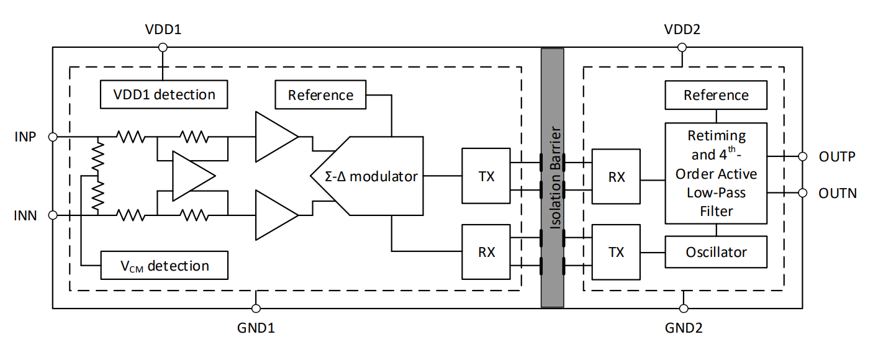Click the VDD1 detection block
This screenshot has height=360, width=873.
point(163,94)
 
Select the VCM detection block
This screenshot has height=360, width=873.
point(164,266)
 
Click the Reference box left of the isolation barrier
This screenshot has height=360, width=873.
point(320,95)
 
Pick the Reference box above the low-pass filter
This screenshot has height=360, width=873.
point(716,95)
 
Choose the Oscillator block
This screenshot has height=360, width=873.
point(716,253)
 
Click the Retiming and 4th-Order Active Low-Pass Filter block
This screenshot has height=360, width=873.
point(716,173)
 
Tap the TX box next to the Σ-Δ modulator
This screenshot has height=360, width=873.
point(486,176)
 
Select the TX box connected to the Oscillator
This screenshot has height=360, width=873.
point(616,253)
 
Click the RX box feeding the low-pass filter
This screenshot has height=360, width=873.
point(616,176)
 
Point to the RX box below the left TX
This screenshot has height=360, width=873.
point(486,253)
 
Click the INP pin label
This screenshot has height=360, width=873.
point(25,136)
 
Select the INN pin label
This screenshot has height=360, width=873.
point(25,216)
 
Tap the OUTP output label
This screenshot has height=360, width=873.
point(837,156)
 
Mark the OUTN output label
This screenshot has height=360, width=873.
point(837,194)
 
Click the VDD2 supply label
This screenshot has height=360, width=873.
point(682,30)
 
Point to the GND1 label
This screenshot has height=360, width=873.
point(255,327)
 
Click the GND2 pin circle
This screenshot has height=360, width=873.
point(682,308)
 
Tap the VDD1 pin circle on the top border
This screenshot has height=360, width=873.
point(163,47)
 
